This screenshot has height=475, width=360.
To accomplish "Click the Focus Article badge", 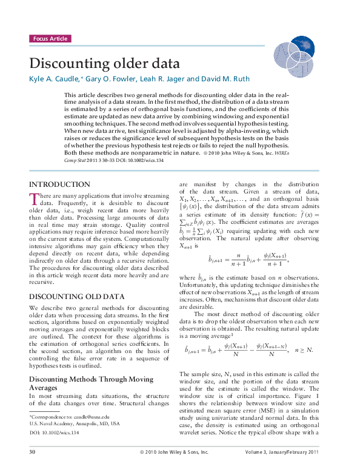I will coord(50,39).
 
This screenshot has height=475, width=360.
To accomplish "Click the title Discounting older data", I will coord(105,64).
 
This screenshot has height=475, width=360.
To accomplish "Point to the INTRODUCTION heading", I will coord(59,184).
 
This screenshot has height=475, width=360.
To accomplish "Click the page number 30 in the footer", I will coord(32,452).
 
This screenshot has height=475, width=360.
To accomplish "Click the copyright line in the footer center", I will coord(174,452).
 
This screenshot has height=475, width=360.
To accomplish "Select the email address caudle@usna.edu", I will coord(92,417).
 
